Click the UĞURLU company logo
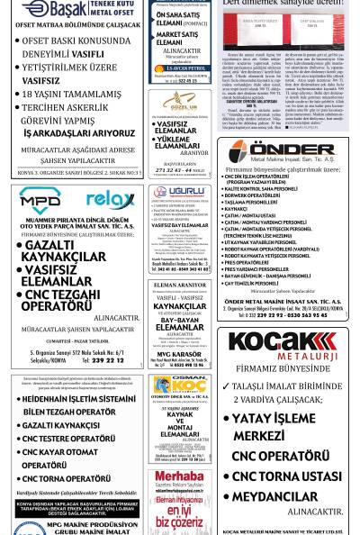tap(179, 193)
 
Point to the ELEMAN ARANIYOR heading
tap(179, 285)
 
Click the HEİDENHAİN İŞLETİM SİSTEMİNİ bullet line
tap(79, 398)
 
